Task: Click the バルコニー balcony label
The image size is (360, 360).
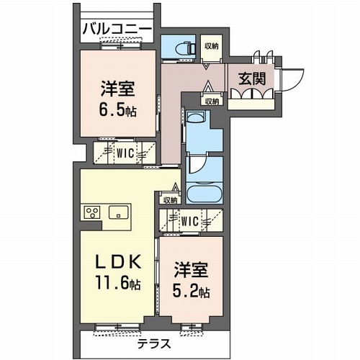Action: [x=117, y=30]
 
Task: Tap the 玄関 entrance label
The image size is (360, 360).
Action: [x=252, y=78]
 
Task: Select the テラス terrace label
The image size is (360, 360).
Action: [x=154, y=344]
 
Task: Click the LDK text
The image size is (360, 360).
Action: [x=118, y=263]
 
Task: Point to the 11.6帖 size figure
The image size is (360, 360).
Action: [x=118, y=283]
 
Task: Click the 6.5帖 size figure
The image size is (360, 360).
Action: [x=117, y=110]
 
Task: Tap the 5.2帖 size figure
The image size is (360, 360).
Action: [x=191, y=292]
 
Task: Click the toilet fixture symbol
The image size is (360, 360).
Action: [x=185, y=48]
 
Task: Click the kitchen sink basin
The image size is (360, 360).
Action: [x=118, y=212]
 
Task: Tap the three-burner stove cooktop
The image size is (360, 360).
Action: [x=92, y=212]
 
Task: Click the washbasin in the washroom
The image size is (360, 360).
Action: [x=196, y=117]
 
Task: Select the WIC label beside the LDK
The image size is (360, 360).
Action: [x=189, y=221]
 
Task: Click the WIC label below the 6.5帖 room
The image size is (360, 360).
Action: [x=125, y=153]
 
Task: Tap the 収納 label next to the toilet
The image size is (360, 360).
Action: [x=212, y=46]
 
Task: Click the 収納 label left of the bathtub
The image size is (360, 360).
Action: [x=170, y=200]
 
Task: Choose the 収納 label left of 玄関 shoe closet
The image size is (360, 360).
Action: [x=212, y=102]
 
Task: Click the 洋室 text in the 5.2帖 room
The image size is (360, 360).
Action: [x=191, y=270]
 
